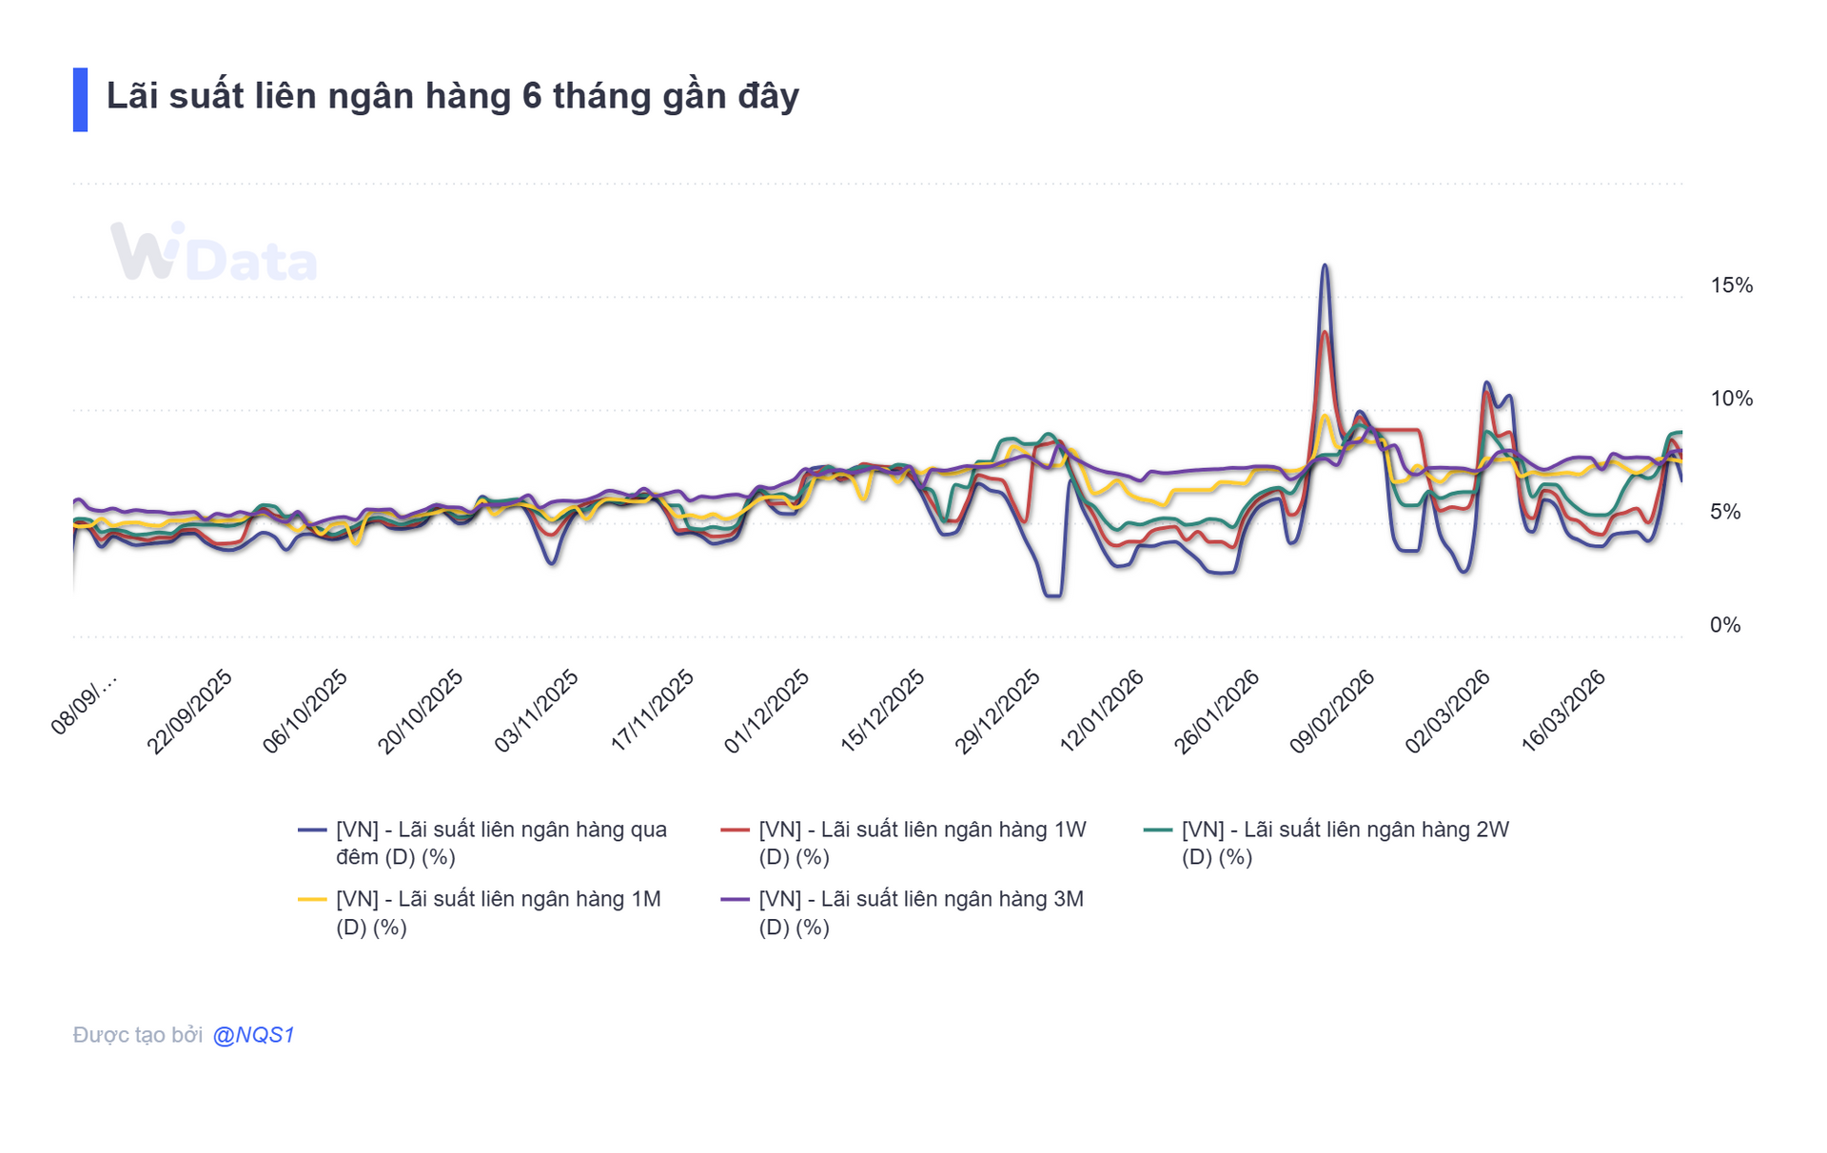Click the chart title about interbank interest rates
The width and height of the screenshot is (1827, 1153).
tap(452, 97)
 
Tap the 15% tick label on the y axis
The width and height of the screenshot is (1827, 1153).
tap(1731, 285)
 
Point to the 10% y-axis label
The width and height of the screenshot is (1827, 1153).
tap(1731, 399)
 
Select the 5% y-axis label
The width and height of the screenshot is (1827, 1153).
tap(1725, 512)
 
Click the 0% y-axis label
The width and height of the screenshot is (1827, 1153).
tap(1725, 625)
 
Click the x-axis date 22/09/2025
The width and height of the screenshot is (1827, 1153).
tap(189, 712)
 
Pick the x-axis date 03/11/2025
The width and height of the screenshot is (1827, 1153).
tap(537, 712)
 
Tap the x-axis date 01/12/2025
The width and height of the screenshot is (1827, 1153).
tap(767, 712)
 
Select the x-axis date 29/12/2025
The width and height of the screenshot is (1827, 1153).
tap(997, 712)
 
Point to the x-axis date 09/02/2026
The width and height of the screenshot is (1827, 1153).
tap(1332, 712)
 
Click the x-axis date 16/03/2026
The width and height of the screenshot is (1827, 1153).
tap(1563, 712)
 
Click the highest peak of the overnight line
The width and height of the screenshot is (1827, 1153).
tap(1325, 266)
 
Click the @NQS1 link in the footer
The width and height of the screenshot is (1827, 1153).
tap(253, 1035)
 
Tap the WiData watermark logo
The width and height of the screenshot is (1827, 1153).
tap(213, 253)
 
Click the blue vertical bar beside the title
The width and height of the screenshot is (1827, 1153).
tap(80, 99)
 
